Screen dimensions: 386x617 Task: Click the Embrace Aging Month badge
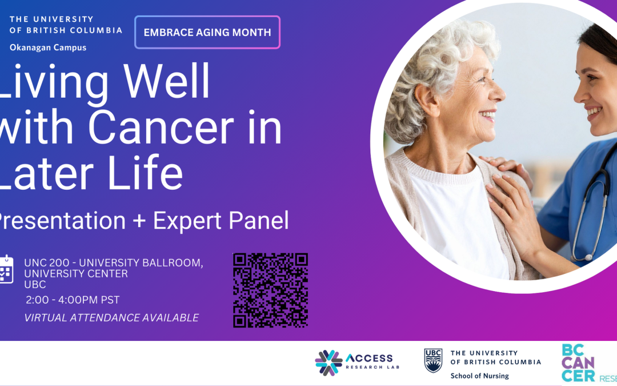click(x=207, y=33)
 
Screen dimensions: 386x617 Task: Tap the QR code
click(x=270, y=290)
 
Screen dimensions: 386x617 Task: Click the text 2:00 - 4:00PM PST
click(x=73, y=300)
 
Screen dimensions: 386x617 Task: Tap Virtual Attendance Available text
click(x=111, y=318)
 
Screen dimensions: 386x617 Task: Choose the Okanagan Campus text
click(x=48, y=47)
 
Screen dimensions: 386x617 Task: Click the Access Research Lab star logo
click(x=328, y=363)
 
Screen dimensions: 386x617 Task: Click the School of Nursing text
click(x=479, y=376)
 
